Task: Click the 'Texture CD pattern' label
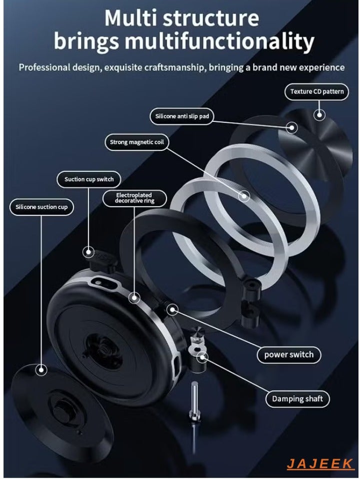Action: pyautogui.click(x=316, y=91)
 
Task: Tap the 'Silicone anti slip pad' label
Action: pyautogui.click(x=181, y=116)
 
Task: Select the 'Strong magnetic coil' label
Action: pyautogui.click(x=136, y=142)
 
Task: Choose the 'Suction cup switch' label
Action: pyautogui.click(x=89, y=179)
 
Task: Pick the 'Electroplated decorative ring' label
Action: pyautogui.click(x=134, y=198)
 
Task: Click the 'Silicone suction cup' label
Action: pyautogui.click(x=41, y=207)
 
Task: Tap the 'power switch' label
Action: pyautogui.click(x=288, y=355)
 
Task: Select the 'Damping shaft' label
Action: pyautogui.click(x=297, y=399)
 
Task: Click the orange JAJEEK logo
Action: pyautogui.click(x=320, y=464)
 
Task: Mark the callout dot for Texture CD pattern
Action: pyautogui.click(x=319, y=115)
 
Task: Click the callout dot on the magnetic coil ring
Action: pyautogui.click(x=243, y=196)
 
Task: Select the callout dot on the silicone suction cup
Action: pyautogui.click(x=41, y=370)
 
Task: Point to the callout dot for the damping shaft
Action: pyautogui.click(x=202, y=357)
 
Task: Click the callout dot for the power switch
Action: pyautogui.click(x=172, y=310)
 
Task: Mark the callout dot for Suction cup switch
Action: pyautogui.click(x=88, y=252)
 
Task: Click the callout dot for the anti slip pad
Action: pyautogui.click(x=292, y=127)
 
